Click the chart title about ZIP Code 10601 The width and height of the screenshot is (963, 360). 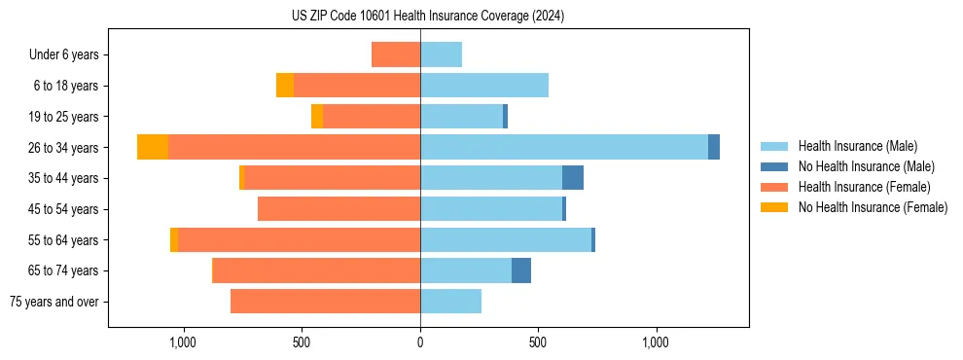pyautogui.click(x=428, y=16)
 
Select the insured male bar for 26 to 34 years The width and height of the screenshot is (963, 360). pyautogui.click(x=564, y=147)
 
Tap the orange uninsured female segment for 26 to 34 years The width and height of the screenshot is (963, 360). pyautogui.click(x=153, y=147)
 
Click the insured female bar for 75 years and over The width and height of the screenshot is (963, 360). pyautogui.click(x=325, y=302)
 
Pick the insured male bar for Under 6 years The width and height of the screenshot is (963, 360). pyautogui.click(x=441, y=54)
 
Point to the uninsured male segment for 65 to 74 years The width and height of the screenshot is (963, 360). pyautogui.click(x=521, y=270)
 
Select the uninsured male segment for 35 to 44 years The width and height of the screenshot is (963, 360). pyautogui.click(x=573, y=178)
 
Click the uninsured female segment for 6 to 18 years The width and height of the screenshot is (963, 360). pyautogui.click(x=285, y=86)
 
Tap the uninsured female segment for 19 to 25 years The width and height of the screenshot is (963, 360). pyautogui.click(x=317, y=117)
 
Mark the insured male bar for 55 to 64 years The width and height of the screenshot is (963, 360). pyautogui.click(x=506, y=240)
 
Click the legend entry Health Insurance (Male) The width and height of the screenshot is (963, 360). pyautogui.click(x=857, y=146)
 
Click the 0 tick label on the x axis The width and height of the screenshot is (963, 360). pyautogui.click(x=420, y=342)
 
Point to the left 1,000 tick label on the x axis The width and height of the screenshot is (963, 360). pyautogui.click(x=183, y=342)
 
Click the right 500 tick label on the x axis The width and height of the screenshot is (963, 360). pyautogui.click(x=538, y=342)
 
